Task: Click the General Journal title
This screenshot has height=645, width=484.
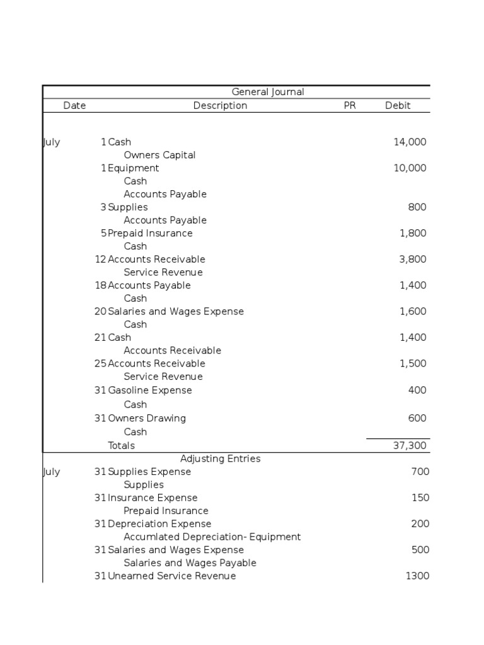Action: tap(268, 92)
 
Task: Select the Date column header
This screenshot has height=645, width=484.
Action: tap(74, 106)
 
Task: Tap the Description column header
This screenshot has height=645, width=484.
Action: tap(220, 106)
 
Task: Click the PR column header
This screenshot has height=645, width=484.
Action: tap(350, 106)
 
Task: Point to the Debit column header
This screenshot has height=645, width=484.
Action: tap(398, 106)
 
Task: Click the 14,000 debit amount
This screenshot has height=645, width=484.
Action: tap(410, 142)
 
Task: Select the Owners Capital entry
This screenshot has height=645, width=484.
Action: tap(159, 155)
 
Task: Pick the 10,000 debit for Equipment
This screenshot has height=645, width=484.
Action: tap(410, 168)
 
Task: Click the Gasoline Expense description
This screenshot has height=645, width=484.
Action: tap(150, 391)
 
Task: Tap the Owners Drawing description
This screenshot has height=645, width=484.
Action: tap(147, 418)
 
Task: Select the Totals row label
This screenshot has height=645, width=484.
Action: tap(121, 446)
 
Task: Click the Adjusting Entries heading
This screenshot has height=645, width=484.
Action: tap(220, 459)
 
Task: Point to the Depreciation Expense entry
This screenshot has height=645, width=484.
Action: tap(159, 524)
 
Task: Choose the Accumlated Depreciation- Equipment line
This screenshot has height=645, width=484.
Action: tap(212, 537)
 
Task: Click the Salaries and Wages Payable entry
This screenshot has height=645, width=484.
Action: tap(190, 563)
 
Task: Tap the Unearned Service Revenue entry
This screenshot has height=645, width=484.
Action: tap(171, 576)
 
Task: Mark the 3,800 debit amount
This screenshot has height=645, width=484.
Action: tap(413, 260)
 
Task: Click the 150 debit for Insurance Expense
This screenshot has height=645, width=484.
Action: tap(420, 498)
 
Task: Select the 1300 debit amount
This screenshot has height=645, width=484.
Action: tap(417, 576)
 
